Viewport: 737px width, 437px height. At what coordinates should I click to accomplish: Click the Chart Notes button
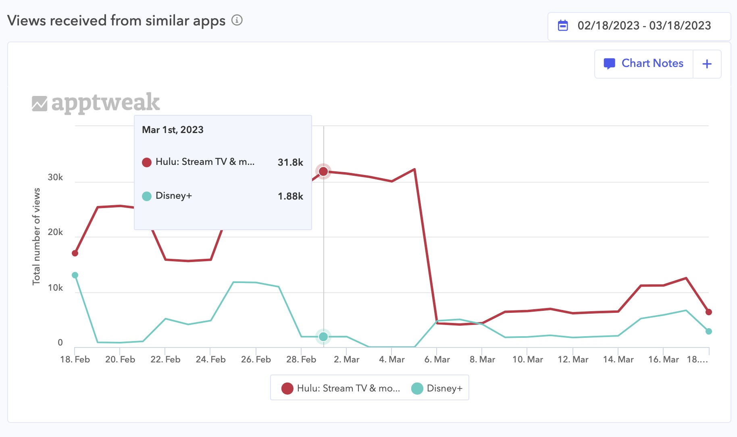644,64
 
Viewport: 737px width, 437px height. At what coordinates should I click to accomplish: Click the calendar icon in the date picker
563,25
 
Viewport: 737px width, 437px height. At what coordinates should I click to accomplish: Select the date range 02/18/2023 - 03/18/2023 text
644,25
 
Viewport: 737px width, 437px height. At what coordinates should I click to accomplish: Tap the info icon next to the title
237,20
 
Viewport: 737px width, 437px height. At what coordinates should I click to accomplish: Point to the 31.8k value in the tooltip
290,162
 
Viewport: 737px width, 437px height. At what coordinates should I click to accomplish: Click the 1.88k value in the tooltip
290,196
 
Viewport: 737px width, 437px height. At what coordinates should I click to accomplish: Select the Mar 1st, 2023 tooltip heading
173,130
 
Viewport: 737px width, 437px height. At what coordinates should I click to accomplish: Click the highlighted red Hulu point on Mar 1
323,172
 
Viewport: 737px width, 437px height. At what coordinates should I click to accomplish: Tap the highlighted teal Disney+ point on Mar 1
323,336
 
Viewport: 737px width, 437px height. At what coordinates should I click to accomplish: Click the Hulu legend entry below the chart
341,388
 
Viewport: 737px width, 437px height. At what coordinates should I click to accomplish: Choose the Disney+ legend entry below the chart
437,388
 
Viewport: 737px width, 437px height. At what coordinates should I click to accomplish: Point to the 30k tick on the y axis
55,177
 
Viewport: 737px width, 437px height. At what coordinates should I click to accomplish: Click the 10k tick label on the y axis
55,288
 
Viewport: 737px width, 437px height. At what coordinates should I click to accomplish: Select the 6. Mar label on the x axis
437,359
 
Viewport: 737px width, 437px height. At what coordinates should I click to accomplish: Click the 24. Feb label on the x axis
210,359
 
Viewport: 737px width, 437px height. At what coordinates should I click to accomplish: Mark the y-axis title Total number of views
36,236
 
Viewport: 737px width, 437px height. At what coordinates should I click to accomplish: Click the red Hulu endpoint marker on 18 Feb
75,253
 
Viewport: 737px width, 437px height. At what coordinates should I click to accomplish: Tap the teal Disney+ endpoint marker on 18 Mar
709,331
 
